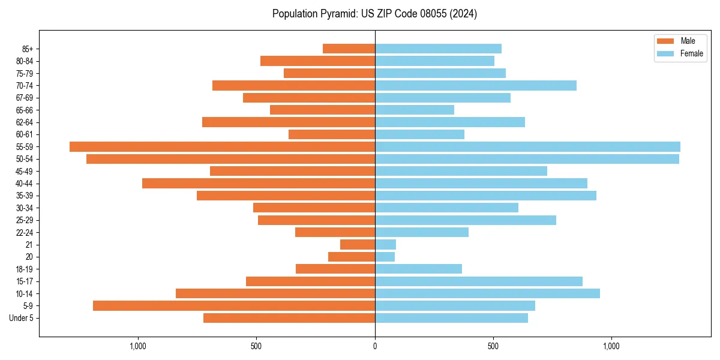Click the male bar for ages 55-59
tap(222, 146)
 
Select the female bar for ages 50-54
tap(527, 159)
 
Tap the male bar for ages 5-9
tap(234, 306)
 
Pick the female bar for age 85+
tap(438, 49)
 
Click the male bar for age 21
tap(358, 245)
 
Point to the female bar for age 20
tap(385, 257)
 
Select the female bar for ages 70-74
tap(476, 85)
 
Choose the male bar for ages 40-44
tap(259, 184)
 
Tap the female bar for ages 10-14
tap(487, 293)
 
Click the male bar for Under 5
tap(289, 318)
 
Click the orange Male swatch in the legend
tap(666, 41)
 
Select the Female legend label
tap(692, 53)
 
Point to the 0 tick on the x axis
tap(375, 346)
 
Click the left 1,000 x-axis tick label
tap(138, 346)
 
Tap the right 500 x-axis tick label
tap(493, 346)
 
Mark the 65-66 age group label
tap(25, 110)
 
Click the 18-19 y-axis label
tap(25, 269)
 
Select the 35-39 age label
tap(25, 196)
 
